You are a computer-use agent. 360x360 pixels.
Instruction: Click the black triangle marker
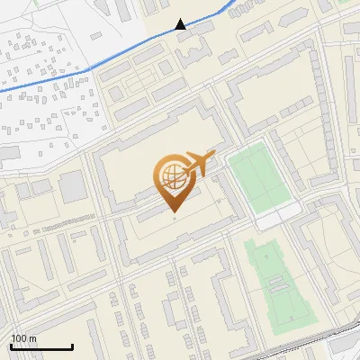(181, 24)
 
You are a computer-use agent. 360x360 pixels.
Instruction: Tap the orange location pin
(174, 181)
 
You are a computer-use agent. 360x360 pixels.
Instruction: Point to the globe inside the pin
(172, 175)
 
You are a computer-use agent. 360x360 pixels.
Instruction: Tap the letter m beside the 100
(32, 338)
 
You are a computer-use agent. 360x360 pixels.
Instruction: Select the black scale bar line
(41, 346)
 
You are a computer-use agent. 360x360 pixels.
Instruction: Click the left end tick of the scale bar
(12, 345)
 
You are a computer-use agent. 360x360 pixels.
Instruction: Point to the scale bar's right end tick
(72, 345)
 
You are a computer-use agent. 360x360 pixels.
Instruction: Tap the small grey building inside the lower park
(277, 284)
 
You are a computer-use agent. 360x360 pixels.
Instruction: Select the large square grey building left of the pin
(72, 186)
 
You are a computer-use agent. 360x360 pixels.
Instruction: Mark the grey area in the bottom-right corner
(346, 346)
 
